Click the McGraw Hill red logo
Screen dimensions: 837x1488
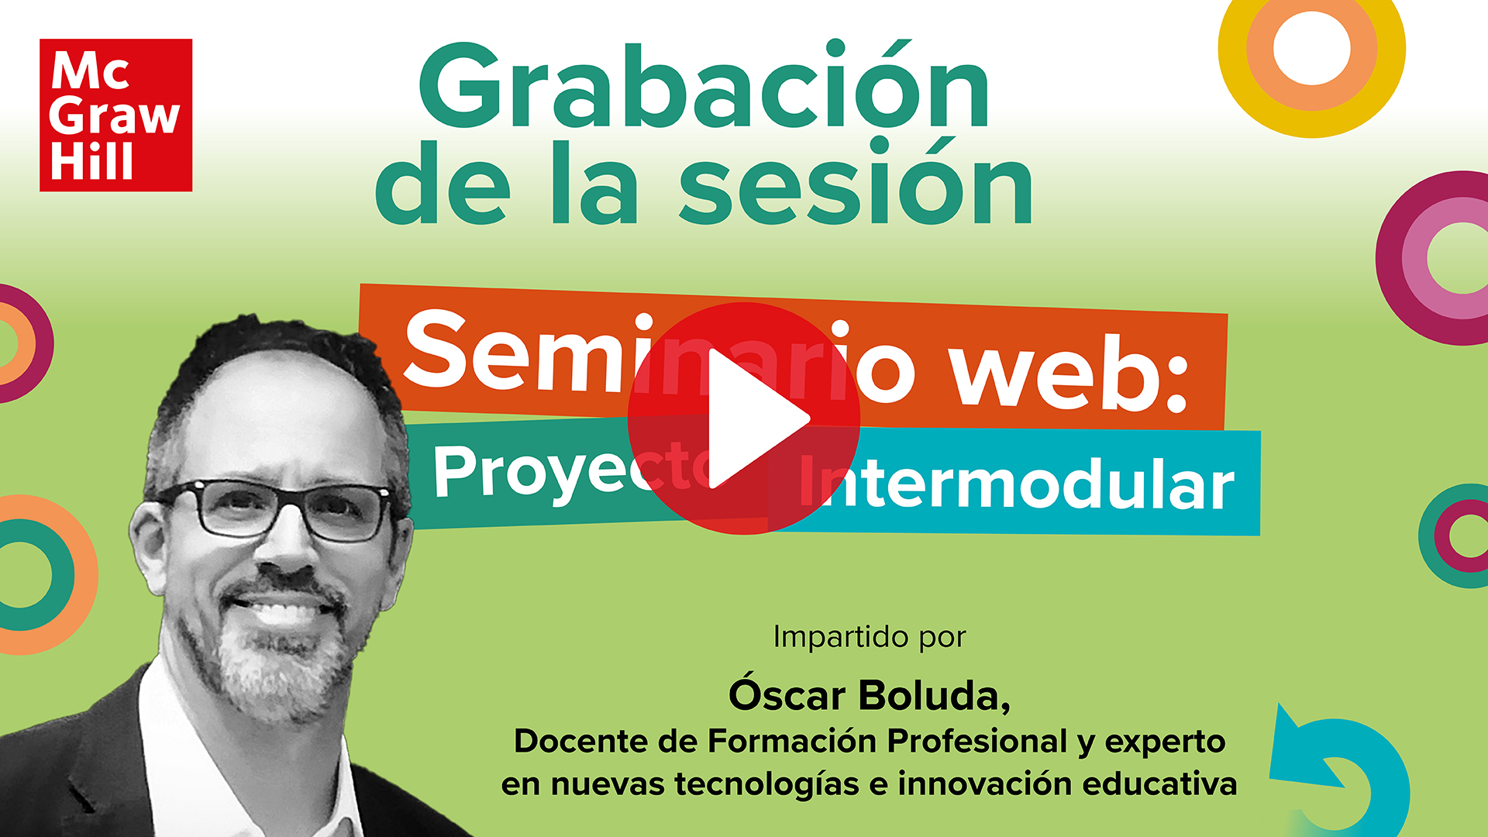115,115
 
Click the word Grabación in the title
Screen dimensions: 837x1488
704,87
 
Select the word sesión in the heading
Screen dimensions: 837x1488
856,186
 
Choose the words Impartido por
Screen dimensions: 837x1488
869,637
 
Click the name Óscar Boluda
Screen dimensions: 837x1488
869,695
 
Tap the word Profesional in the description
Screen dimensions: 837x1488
977,741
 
